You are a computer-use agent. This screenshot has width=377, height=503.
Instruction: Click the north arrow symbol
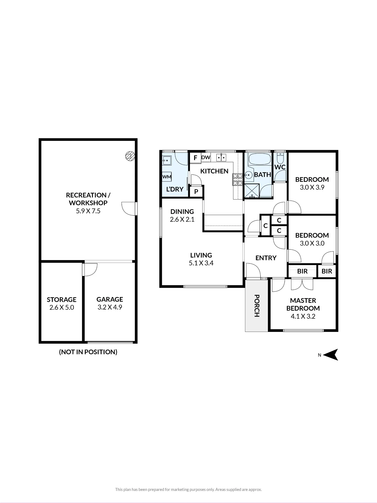point(331,355)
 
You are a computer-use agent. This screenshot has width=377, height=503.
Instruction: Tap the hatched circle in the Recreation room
point(130,156)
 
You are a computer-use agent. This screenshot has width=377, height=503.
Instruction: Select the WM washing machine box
point(167,177)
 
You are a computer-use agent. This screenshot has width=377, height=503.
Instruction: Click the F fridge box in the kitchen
point(195,158)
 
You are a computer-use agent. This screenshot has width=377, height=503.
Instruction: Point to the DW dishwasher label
point(206,158)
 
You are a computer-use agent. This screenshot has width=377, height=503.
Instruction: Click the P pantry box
point(196,192)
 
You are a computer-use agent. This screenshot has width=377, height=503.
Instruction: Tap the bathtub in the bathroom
point(260,159)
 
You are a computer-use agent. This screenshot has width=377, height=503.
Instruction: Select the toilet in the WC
point(280,158)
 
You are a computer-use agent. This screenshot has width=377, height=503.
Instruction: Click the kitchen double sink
point(221,158)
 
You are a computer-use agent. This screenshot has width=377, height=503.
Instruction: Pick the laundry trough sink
point(167,160)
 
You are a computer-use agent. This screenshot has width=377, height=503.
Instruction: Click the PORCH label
point(257,306)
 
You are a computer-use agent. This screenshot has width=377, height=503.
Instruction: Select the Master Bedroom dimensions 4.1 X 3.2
point(303,316)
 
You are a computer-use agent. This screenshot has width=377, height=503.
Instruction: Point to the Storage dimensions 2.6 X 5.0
point(62,307)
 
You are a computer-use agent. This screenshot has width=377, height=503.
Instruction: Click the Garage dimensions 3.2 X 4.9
point(110,307)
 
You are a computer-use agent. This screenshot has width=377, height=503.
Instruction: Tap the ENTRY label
point(266,258)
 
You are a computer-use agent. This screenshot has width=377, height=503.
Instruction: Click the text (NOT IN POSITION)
point(88,352)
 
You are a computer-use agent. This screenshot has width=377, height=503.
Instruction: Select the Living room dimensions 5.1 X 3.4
point(201,263)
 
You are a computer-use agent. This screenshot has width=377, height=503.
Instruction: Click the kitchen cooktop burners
point(237,180)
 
